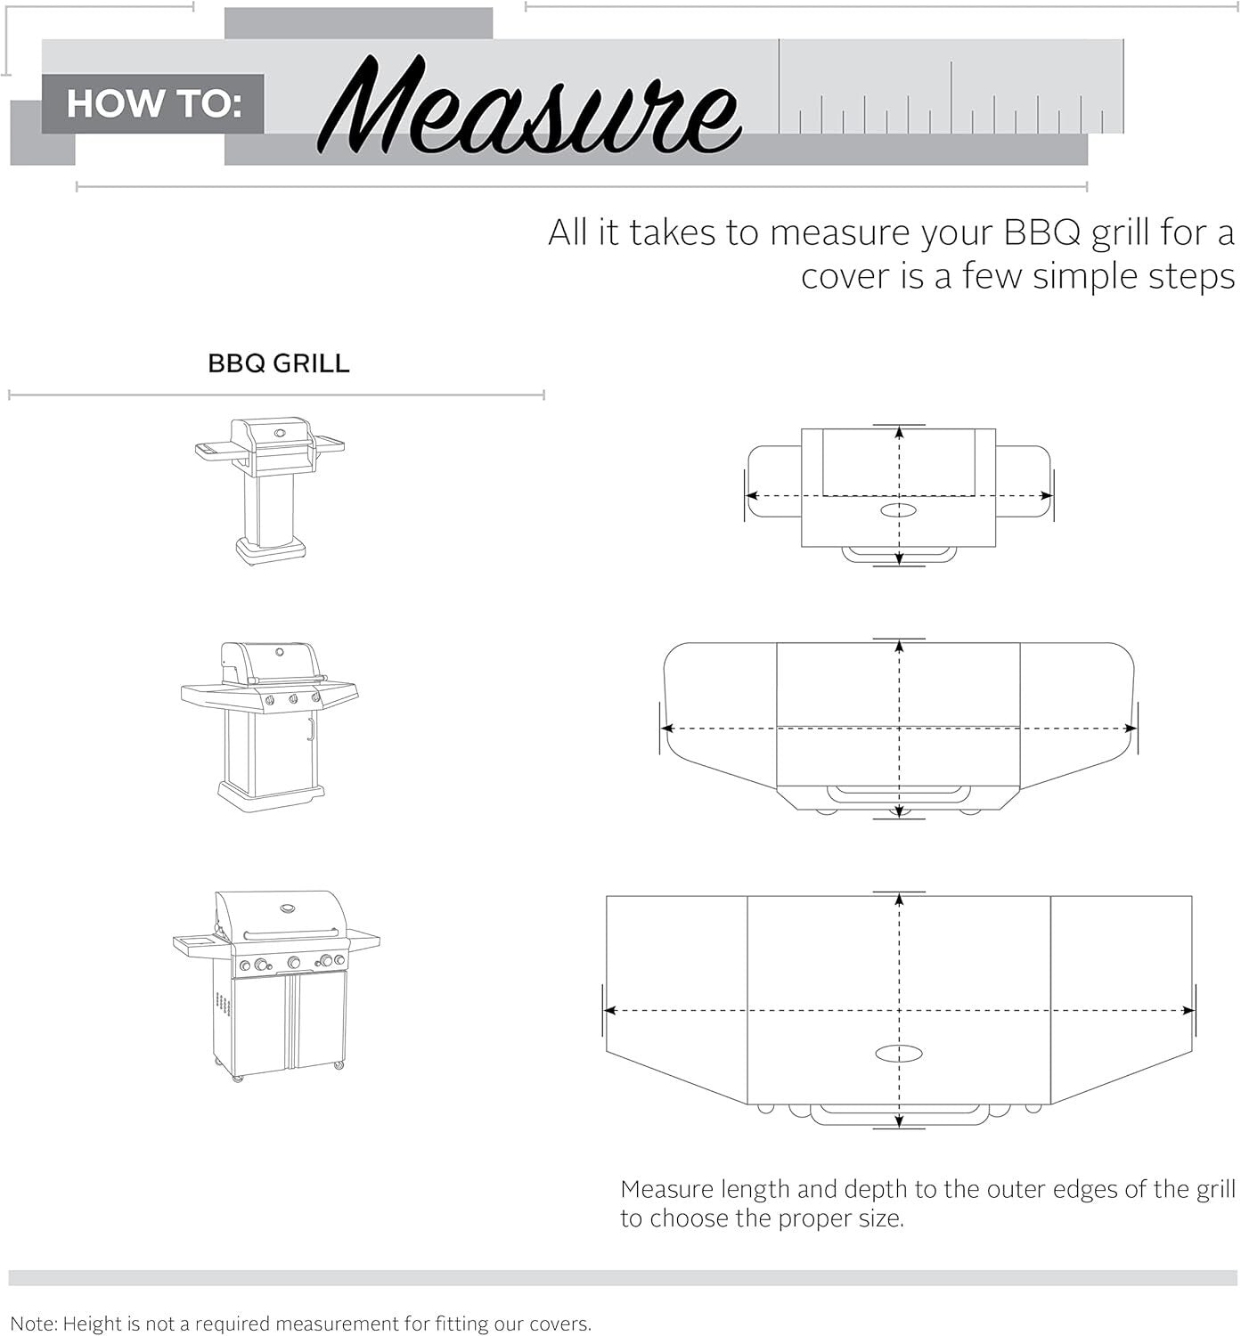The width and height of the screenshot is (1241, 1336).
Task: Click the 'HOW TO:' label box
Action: [152, 104]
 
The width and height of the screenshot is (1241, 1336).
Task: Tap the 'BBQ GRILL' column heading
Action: [278, 363]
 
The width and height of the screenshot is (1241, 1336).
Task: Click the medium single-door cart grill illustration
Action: [270, 726]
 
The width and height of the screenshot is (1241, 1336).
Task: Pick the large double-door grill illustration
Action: [276, 985]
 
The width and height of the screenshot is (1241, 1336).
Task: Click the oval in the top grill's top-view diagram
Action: [899, 510]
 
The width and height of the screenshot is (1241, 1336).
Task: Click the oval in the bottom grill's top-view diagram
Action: [899, 1054]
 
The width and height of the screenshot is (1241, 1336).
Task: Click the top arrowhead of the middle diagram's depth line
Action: [899, 647]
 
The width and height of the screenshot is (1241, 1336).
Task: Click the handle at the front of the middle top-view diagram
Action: [899, 791]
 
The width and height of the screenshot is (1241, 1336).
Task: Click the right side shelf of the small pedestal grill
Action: [329, 443]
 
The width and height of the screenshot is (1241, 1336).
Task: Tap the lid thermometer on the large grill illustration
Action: [289, 909]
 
